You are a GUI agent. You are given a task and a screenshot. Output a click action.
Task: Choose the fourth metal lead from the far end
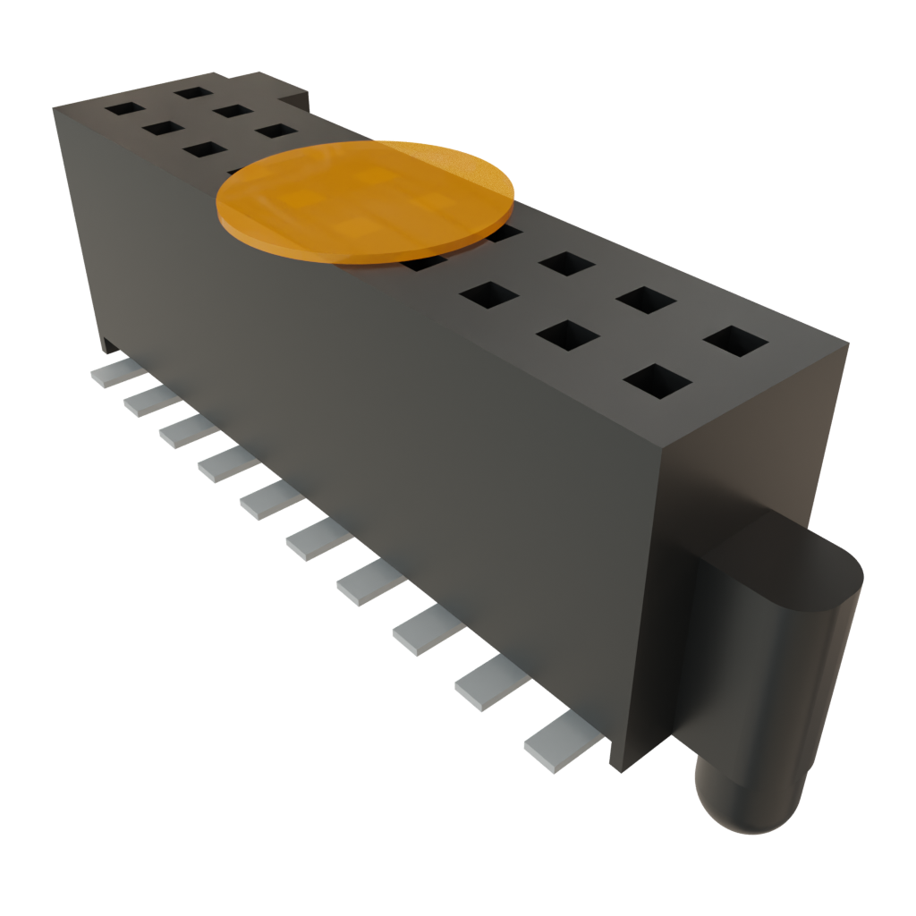pyautogui.click(x=227, y=462)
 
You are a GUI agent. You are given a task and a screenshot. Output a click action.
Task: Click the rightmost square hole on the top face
pyautogui.click(x=735, y=342)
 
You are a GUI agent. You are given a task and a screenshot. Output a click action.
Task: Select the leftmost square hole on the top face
pyautogui.click(x=122, y=108)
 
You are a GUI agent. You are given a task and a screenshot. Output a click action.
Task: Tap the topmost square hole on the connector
pyautogui.click(x=191, y=90)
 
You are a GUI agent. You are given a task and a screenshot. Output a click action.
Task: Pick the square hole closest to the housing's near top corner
pyautogui.click(x=657, y=381)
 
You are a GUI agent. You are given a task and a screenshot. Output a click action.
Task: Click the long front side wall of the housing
pyautogui.click(x=358, y=403)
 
